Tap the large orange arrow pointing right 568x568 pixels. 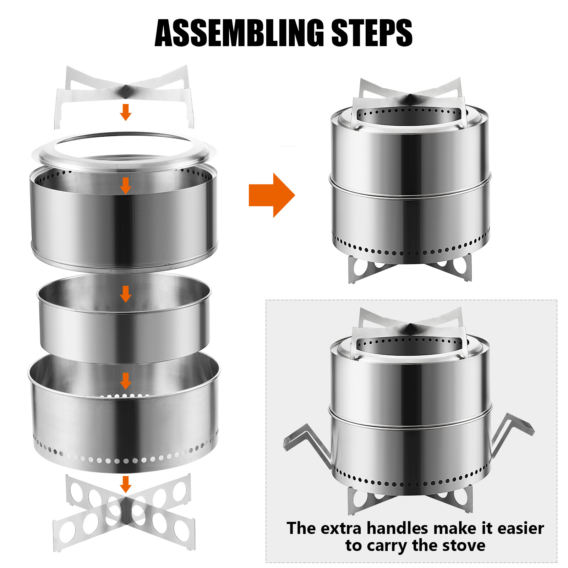272,195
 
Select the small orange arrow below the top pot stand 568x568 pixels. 126,112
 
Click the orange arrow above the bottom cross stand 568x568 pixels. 126,484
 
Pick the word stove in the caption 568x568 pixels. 463,546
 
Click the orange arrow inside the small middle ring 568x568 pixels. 126,294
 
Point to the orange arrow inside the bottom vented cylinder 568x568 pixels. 126,381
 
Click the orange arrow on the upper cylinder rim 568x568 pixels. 126,186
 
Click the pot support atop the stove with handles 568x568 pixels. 410,332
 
